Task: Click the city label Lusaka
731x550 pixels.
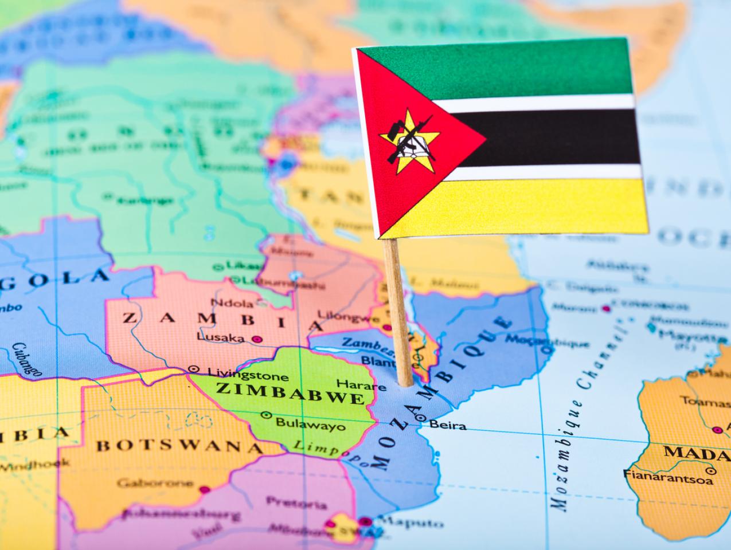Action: [x=221, y=337]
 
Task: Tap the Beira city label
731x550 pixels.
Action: [x=447, y=425]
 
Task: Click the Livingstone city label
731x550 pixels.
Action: [x=248, y=375]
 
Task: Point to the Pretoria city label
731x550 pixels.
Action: [x=296, y=504]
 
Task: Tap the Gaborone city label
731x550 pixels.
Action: [x=155, y=483]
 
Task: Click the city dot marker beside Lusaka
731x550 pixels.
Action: [x=257, y=339]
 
